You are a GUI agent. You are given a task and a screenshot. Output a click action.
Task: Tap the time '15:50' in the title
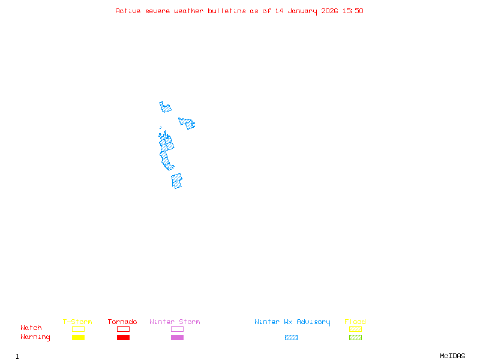[353, 11]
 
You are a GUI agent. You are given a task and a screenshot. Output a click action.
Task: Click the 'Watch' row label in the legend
[31, 328]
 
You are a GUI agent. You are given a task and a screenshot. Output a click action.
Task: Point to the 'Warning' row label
[35, 337]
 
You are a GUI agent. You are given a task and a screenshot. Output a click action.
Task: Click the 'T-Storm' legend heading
[77, 322]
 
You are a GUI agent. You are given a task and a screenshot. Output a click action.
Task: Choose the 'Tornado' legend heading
[122, 322]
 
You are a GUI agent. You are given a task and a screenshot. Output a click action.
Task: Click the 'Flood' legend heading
[355, 322]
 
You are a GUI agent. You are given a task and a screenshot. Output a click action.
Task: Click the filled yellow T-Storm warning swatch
[78, 337]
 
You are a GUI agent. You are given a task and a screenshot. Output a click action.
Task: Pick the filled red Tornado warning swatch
[123, 337]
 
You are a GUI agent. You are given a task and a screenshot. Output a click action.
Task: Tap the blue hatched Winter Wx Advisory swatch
[291, 337]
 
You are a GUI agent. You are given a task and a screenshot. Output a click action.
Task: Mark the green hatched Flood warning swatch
[355, 337]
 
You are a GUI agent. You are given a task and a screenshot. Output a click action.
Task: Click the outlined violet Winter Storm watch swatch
[177, 329]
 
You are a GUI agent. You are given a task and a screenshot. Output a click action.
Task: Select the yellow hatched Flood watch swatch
[355, 329]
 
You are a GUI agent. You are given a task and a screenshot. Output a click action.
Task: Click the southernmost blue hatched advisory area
[176, 181]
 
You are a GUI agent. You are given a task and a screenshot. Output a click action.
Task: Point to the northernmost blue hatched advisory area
[165, 108]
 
